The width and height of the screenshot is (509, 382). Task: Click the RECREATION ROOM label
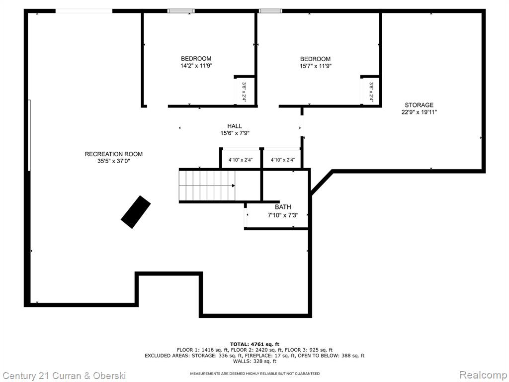click(114, 154)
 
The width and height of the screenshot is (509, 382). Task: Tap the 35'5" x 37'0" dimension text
click(114, 161)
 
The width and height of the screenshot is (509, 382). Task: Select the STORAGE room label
click(419, 105)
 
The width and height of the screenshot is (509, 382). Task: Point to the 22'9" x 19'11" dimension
click(419, 112)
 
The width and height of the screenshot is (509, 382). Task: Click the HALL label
click(235, 126)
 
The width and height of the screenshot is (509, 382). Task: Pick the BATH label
click(283, 207)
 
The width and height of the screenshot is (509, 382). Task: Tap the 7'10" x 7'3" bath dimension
click(283, 215)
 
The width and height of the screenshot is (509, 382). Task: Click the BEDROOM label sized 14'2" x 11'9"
click(196, 59)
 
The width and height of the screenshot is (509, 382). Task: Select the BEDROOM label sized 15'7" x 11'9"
click(315, 59)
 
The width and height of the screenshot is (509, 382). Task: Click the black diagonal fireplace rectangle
click(136, 212)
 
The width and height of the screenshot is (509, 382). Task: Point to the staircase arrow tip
click(235, 186)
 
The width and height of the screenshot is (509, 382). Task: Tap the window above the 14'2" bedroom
click(181, 11)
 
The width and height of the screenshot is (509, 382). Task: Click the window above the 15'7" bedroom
click(270, 11)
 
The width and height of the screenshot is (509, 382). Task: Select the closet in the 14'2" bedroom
click(244, 92)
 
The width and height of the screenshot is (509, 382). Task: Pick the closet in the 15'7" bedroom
click(370, 92)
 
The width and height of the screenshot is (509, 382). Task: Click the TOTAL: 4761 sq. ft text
click(254, 344)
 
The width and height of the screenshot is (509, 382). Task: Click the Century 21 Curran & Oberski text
click(64, 376)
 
